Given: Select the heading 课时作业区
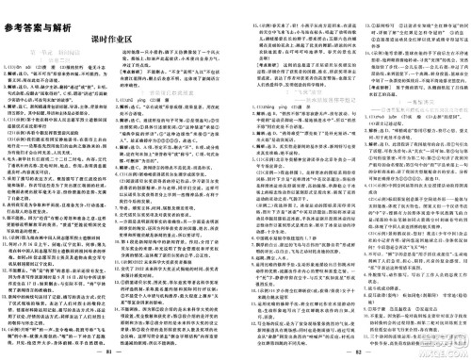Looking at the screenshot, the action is tap(117, 30).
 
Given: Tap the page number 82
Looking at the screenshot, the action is tap(350, 351).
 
